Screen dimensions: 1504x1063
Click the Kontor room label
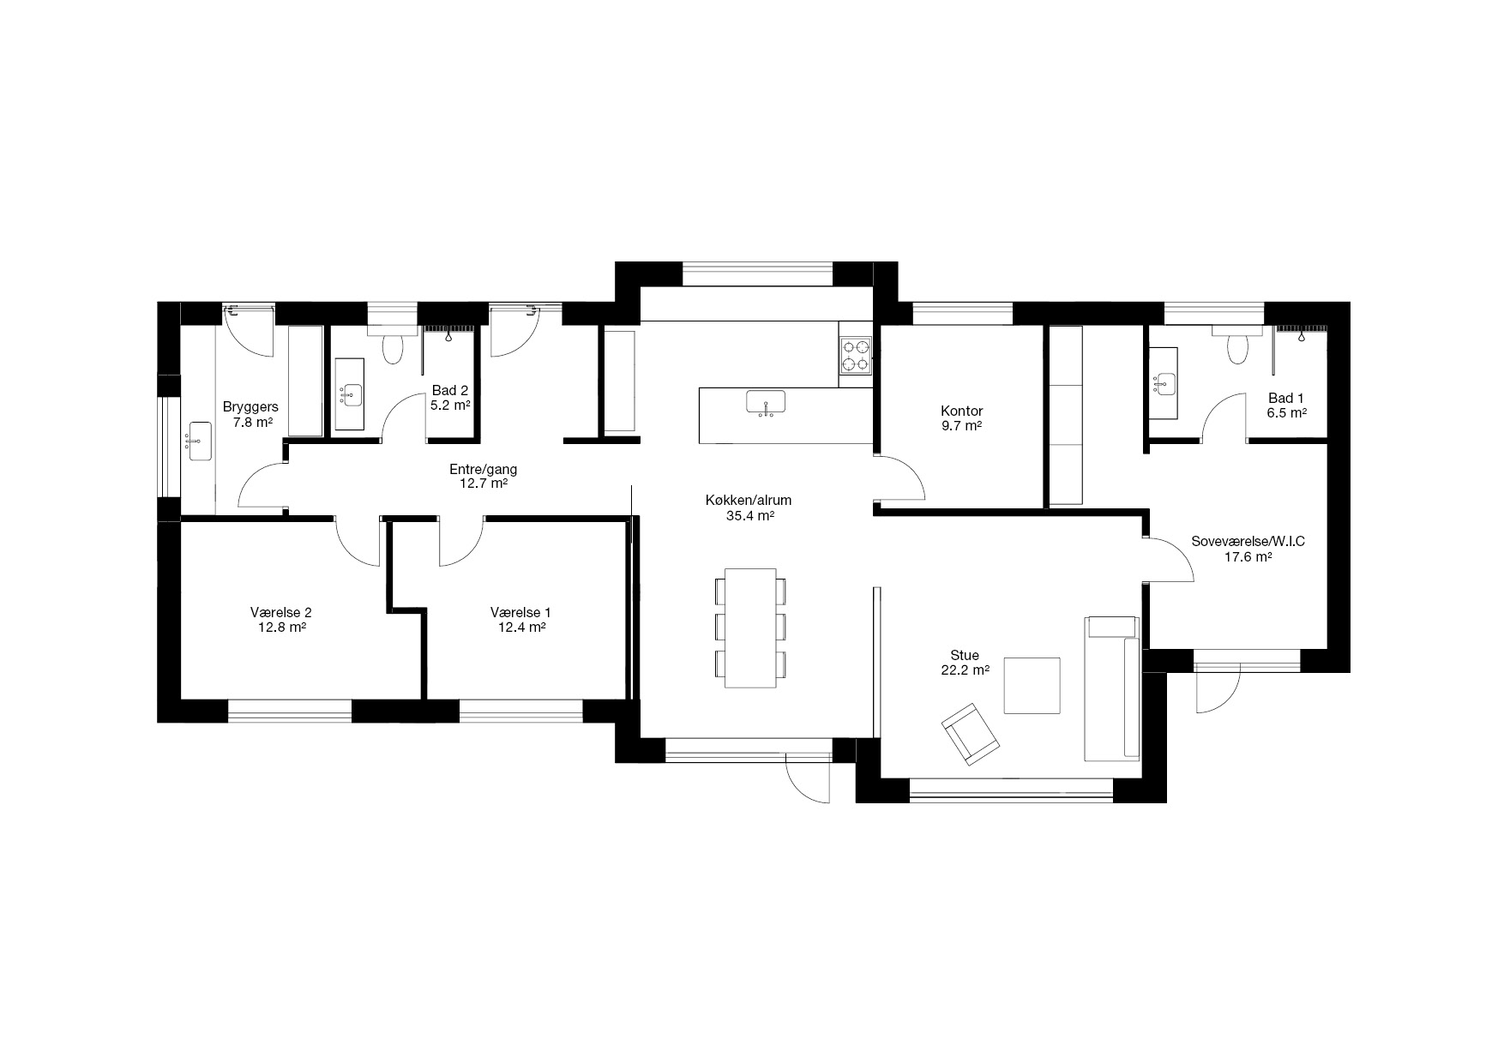(961, 411)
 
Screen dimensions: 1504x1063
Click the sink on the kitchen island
(766, 402)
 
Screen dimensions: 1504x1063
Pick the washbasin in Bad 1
(1166, 383)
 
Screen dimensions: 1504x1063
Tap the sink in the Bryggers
(199, 441)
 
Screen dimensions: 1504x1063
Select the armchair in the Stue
(971, 734)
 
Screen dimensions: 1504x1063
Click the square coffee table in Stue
(1032, 686)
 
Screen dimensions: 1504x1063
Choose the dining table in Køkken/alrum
(750, 628)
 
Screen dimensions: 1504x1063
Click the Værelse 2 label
(281, 612)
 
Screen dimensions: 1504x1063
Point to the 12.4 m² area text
(522, 627)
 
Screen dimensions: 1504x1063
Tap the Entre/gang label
(484, 470)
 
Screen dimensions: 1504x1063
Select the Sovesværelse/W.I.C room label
(1248, 542)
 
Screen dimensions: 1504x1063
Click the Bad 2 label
(450, 390)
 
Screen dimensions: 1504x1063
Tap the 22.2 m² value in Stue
(965, 670)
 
